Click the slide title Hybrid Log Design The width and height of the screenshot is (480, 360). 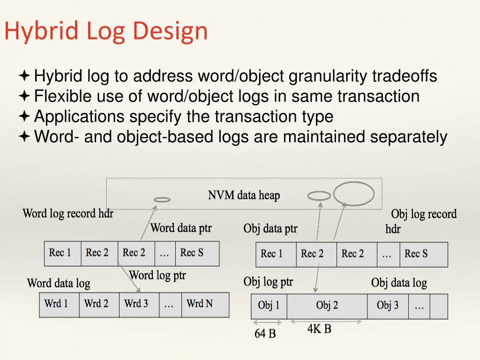tap(106, 31)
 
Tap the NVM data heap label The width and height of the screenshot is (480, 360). tap(244, 195)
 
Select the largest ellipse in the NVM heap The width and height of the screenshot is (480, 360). tap(354, 194)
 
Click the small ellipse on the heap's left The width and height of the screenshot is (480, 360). tap(162, 200)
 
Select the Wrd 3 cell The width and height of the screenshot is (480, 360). tap(136, 304)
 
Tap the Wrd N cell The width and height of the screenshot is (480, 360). tap(200, 304)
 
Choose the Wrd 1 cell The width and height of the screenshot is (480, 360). tap(56, 304)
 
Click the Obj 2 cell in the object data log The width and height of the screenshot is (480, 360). tap(327, 306)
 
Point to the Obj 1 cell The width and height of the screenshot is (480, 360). tap(269, 306)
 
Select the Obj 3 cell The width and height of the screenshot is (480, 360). tap(388, 306)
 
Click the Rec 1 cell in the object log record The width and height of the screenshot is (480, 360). tap(272, 254)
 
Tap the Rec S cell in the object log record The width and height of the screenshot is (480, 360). tap(416, 254)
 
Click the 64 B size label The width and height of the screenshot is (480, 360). tap(265, 334)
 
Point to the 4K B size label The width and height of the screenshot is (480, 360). tap(319, 329)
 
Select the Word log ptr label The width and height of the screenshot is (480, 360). tap(157, 275)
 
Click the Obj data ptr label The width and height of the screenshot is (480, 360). tap(270, 229)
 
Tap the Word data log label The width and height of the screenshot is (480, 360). tap(59, 283)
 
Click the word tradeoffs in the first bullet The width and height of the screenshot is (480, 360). tap(405, 75)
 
